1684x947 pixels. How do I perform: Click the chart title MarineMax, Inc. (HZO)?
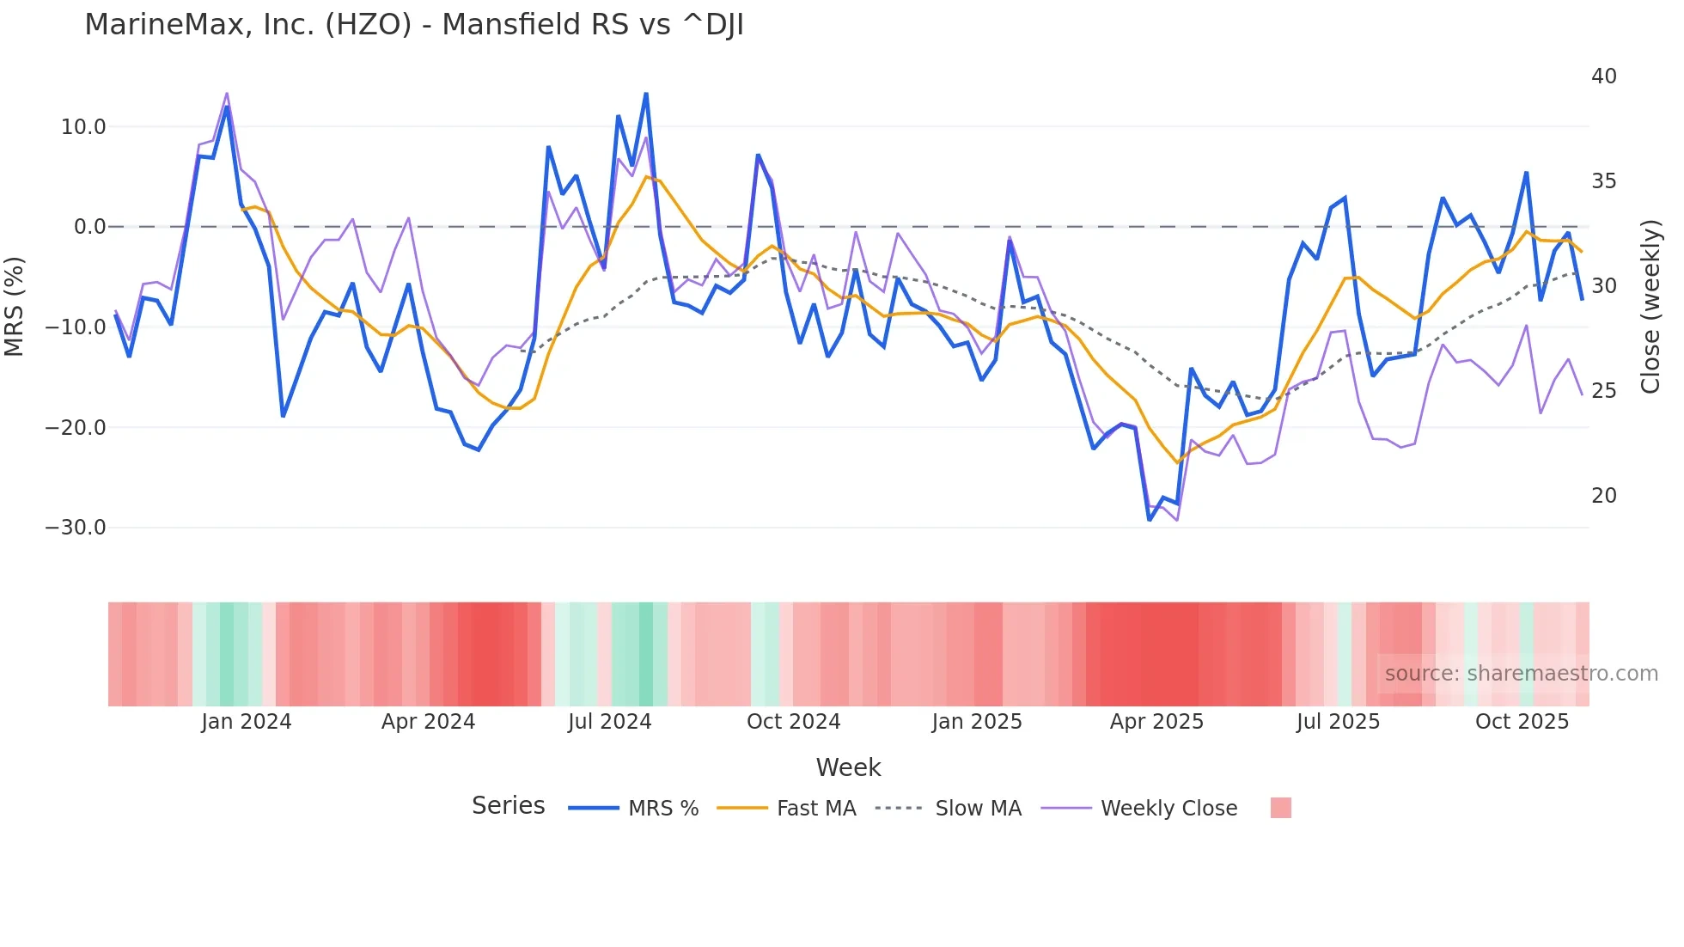pos(413,25)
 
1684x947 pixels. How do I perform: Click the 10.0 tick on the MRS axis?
pos(83,127)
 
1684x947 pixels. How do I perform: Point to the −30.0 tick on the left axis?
pos(76,528)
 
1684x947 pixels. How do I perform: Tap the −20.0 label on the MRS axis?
pos(76,427)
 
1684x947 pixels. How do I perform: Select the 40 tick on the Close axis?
pos(1603,76)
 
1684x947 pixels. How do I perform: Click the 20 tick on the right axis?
pos(1603,496)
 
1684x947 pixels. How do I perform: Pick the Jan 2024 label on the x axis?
pos(247,722)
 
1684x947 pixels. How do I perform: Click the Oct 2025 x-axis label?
pos(1522,722)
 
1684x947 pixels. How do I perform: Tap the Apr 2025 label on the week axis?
pos(1156,722)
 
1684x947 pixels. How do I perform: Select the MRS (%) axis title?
pos(15,307)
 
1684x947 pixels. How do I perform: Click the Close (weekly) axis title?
pos(1650,307)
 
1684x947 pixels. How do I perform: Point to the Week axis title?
pos(848,767)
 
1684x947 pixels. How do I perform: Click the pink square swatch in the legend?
pos(1280,809)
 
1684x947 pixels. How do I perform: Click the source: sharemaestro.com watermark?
pos(1521,674)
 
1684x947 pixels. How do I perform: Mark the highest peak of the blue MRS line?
pos(646,94)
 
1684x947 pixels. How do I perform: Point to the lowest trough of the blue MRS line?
pos(1150,520)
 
